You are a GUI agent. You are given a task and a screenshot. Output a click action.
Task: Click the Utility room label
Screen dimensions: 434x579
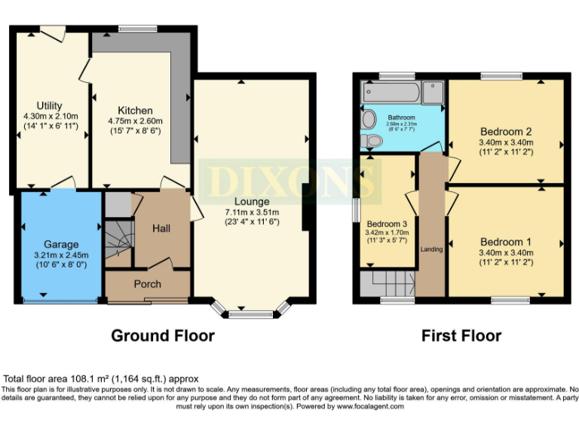tap(49, 105)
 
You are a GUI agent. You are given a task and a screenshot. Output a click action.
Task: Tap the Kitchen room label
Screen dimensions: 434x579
tap(136, 110)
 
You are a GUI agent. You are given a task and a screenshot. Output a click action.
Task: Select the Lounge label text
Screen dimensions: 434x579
tap(250, 202)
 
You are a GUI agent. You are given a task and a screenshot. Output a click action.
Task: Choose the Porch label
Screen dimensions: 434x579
tap(147, 284)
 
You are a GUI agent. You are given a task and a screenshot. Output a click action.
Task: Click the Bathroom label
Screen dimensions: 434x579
tap(401, 118)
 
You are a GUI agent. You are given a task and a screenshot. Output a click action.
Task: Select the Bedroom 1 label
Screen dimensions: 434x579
tap(505, 242)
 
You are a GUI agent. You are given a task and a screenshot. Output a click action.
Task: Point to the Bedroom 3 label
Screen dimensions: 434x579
tap(388, 224)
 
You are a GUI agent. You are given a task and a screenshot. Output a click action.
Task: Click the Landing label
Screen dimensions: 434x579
tap(431, 249)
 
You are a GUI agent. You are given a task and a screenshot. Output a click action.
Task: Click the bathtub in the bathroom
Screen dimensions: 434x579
tap(391, 93)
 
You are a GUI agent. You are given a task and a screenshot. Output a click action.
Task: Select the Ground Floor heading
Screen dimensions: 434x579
tap(163, 336)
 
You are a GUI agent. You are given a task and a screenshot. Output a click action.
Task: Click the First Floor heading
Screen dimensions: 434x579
tap(461, 336)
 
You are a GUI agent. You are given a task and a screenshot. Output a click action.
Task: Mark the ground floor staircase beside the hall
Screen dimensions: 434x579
tap(118, 240)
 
